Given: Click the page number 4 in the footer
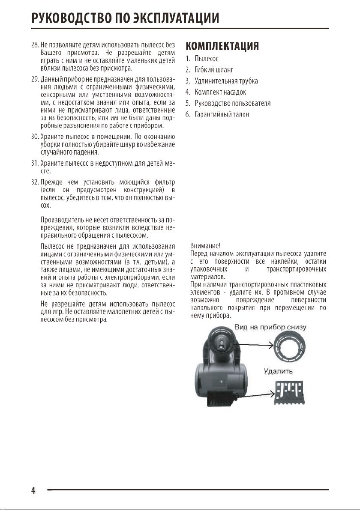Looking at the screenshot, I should coord(33,490).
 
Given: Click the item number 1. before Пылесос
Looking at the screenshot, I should coord(187,58).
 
